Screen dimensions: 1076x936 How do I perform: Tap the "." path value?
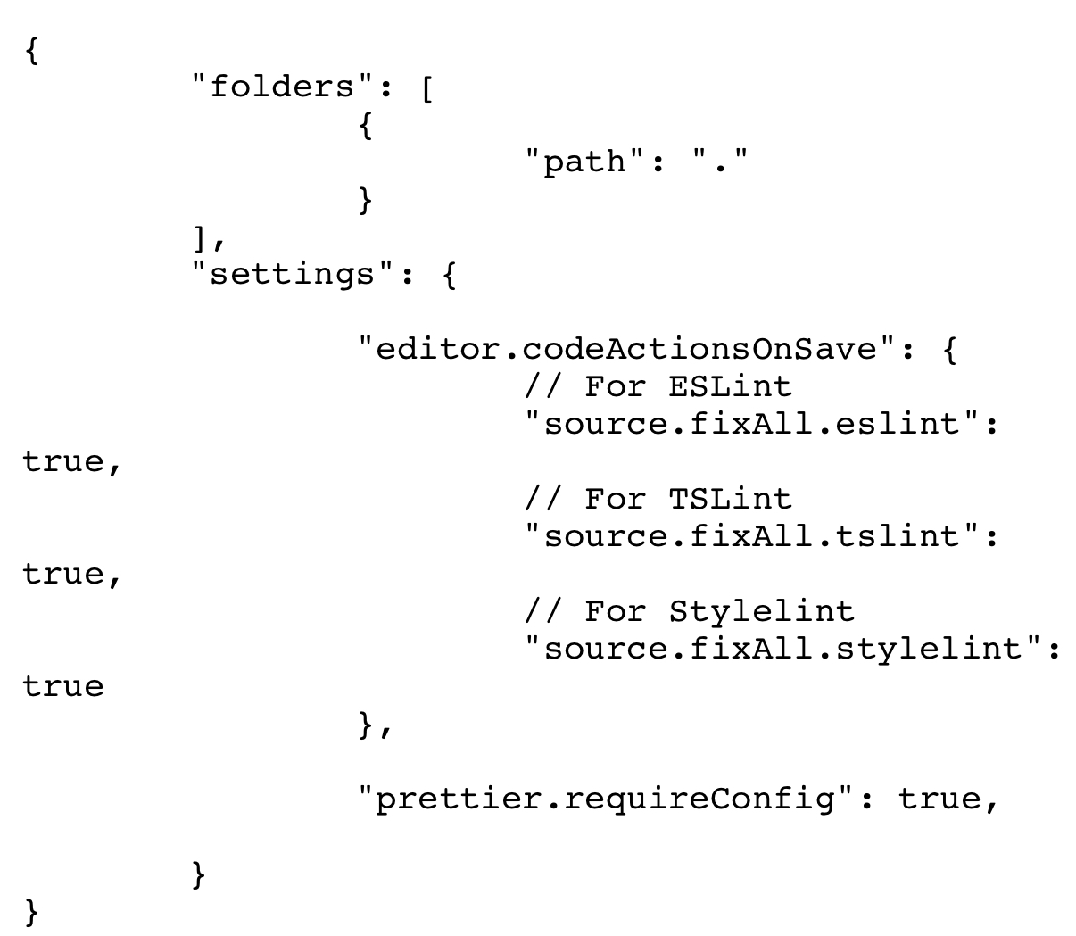tap(721, 162)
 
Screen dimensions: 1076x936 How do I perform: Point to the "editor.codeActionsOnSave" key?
tap(625, 348)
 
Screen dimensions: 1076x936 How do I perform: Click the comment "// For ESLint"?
tap(658, 386)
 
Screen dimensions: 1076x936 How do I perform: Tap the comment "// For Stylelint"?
tap(689, 611)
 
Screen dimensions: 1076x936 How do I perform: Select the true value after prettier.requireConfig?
tap(937, 798)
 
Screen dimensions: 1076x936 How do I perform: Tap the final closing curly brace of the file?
tap(32, 911)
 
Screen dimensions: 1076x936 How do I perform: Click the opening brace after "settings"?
tap(449, 274)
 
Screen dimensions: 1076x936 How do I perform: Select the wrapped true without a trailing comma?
tap(63, 686)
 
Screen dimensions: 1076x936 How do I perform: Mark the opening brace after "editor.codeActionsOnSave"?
tap(948, 349)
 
